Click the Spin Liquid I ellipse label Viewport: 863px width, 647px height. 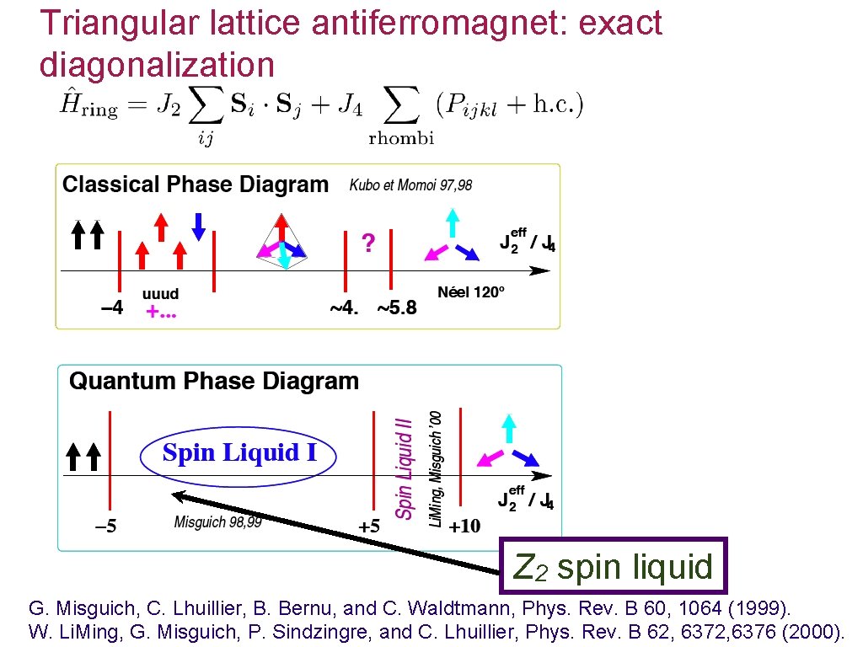239,453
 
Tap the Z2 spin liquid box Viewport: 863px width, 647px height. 613,567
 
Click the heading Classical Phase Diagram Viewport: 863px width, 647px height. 196,184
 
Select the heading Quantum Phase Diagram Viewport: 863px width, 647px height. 214,382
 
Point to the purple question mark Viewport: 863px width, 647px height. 367,243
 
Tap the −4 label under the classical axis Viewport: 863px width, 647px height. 111,307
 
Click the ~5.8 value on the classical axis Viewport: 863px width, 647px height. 396,307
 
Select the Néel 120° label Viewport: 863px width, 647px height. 471,292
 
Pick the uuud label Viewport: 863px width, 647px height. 160,294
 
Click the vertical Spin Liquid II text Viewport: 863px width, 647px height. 405,468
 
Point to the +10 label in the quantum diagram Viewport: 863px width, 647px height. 464,527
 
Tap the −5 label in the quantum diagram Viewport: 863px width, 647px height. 105,527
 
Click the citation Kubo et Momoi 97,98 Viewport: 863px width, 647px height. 411,185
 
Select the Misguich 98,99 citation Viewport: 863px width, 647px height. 218,522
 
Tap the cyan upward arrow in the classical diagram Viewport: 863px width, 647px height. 453,221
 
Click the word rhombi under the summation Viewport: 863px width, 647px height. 401,139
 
